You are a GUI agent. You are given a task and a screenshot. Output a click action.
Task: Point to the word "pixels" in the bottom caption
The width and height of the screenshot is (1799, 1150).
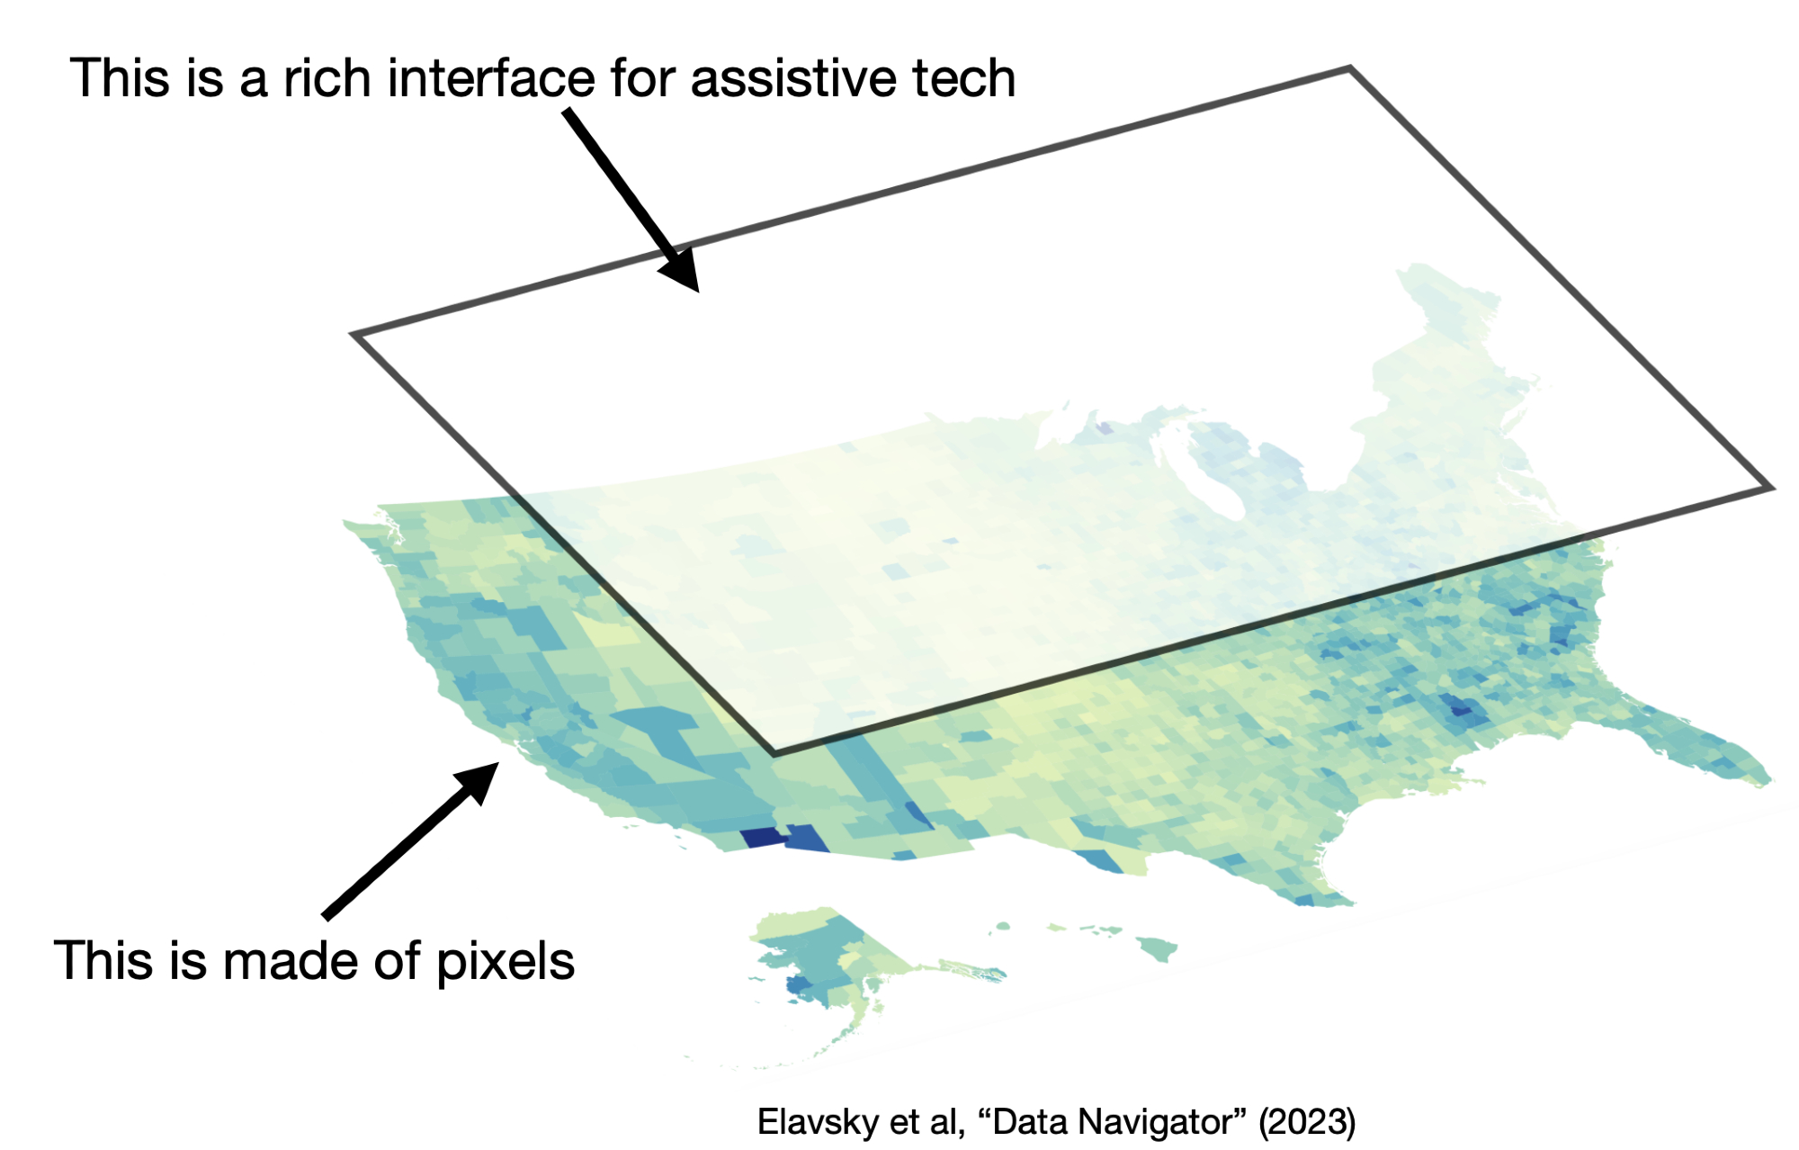pyautogui.click(x=506, y=962)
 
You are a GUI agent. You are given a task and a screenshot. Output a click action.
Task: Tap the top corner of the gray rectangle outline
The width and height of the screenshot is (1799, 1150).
pyautogui.click(x=1349, y=68)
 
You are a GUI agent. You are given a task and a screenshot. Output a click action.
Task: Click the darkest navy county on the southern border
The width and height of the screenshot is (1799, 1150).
pyautogui.click(x=762, y=838)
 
